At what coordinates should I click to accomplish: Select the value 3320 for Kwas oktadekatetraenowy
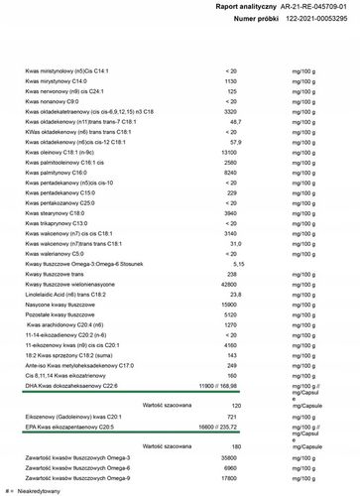click(231, 112)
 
